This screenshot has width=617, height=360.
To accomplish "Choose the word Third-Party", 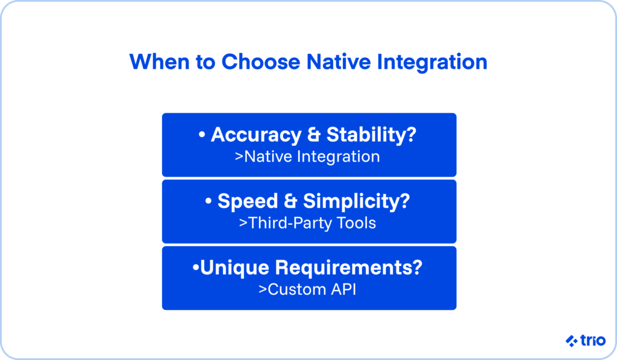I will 286,223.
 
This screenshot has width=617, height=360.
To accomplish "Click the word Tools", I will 355,223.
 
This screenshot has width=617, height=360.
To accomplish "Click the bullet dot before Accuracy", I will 202,136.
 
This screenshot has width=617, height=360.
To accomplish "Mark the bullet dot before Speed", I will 209,202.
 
